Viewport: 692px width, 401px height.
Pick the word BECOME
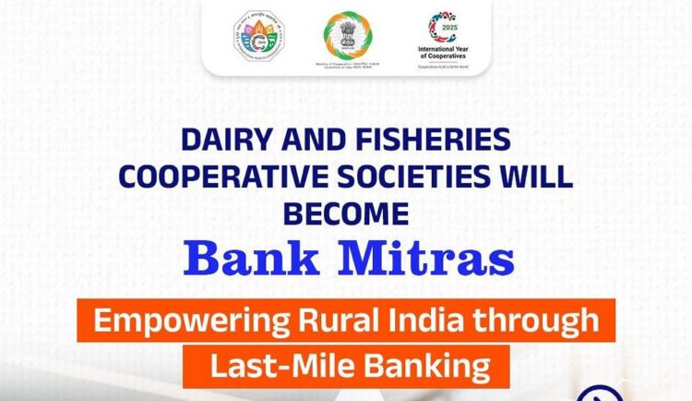[x=345, y=213]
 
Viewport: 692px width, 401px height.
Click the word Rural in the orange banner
[x=327, y=323]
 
